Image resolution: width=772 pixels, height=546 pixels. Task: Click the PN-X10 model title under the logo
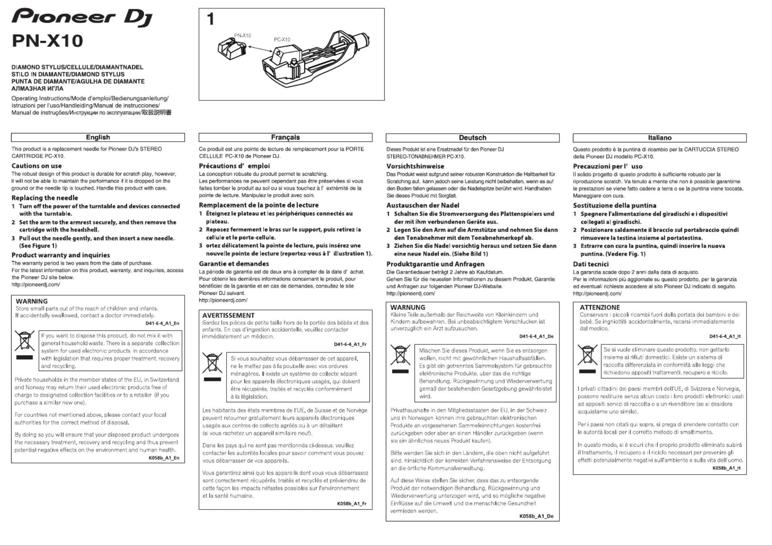[x=47, y=41]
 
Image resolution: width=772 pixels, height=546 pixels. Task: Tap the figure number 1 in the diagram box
[x=211, y=19]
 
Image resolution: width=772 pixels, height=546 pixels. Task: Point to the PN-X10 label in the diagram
[x=242, y=36]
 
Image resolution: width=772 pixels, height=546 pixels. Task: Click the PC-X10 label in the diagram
[x=282, y=40]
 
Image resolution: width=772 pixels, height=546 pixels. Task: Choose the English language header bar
[x=98, y=137]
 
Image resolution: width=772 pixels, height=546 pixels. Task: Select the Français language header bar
[x=285, y=137]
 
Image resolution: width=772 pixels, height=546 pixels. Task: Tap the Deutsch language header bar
[x=472, y=138]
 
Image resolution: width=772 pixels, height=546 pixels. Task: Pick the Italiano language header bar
[x=660, y=138]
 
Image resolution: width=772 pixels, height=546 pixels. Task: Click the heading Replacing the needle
[x=45, y=198]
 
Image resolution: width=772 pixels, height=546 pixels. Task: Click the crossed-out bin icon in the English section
[x=24, y=341]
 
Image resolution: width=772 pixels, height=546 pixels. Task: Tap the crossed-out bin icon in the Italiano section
[x=587, y=355]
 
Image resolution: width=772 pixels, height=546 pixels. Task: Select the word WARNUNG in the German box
[x=408, y=308]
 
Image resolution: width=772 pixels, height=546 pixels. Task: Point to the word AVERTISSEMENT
[x=228, y=315]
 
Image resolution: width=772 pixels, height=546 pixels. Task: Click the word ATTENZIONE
[x=600, y=308]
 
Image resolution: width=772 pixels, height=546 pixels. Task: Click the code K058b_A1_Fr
[x=352, y=504]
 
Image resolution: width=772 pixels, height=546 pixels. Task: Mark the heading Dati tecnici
[x=590, y=264]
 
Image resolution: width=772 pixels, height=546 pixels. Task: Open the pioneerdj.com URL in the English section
[x=36, y=285]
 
